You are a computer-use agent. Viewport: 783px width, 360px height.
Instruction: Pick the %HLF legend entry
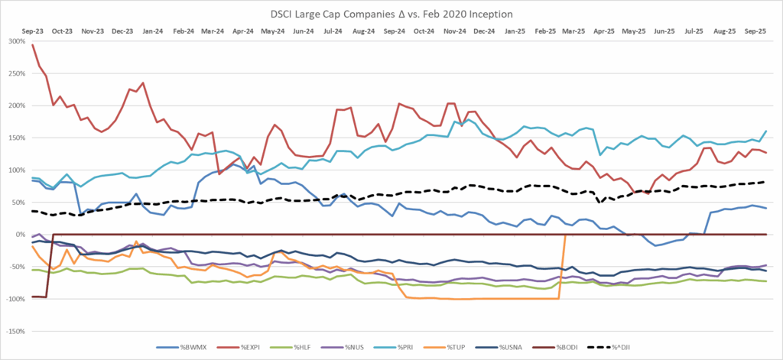point(306,349)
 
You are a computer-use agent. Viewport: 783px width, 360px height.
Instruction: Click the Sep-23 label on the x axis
point(31,31)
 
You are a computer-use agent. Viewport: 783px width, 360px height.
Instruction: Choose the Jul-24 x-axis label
point(333,31)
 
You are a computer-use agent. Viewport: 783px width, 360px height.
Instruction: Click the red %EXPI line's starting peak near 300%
point(32,45)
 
